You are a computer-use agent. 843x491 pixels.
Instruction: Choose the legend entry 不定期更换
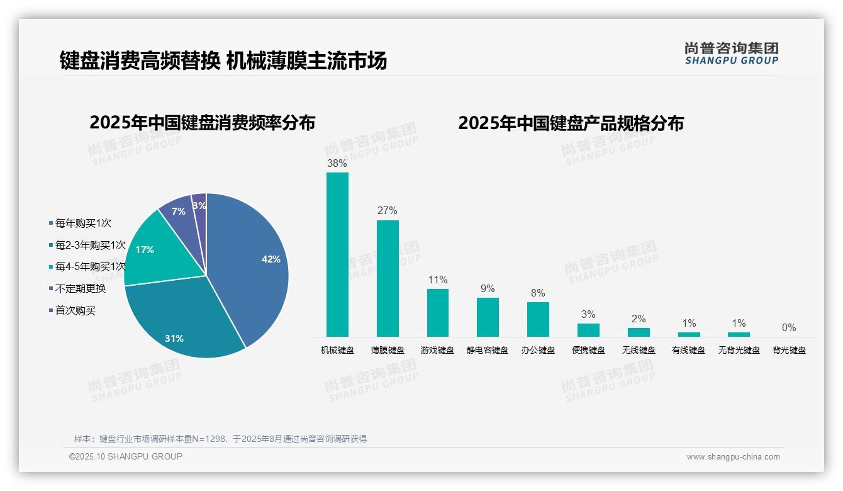(x=81, y=289)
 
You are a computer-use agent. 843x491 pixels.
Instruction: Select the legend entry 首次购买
(x=75, y=310)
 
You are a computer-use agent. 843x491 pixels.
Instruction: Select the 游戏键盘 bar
(x=438, y=313)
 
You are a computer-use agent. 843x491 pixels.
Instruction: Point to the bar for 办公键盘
(x=538, y=319)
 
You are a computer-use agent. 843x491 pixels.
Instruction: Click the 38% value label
(x=337, y=164)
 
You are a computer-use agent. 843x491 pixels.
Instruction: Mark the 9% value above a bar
(x=488, y=289)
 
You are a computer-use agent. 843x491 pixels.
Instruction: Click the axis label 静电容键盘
(x=488, y=350)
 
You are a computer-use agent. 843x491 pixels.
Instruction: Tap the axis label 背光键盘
(x=789, y=350)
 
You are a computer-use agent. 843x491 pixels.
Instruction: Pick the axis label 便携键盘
(x=588, y=350)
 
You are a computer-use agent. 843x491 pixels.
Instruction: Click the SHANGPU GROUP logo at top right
(x=731, y=54)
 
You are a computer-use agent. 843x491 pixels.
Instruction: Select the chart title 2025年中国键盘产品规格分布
(x=571, y=123)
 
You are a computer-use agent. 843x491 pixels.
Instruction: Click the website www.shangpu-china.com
(x=733, y=457)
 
